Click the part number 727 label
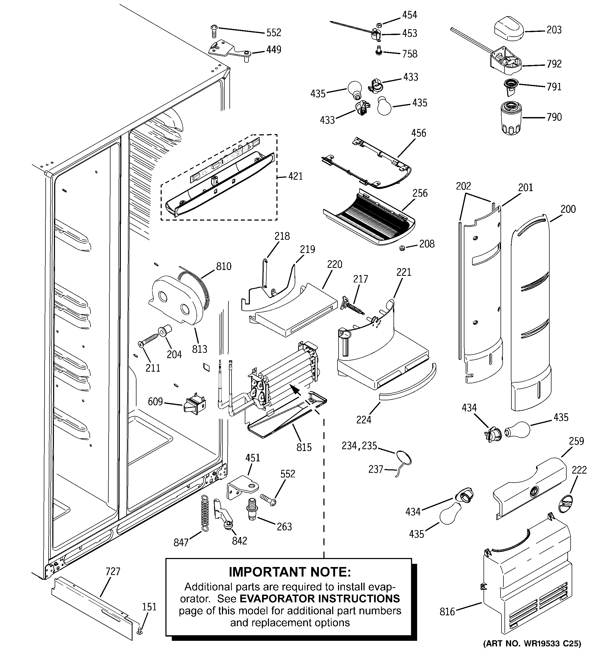[x=113, y=572]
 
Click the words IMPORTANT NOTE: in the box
[x=290, y=572]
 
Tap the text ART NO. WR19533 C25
[x=532, y=643]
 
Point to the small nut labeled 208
[x=402, y=248]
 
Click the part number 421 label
[x=295, y=176]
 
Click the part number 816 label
[x=447, y=612]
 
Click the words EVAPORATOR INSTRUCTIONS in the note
[x=319, y=599]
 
